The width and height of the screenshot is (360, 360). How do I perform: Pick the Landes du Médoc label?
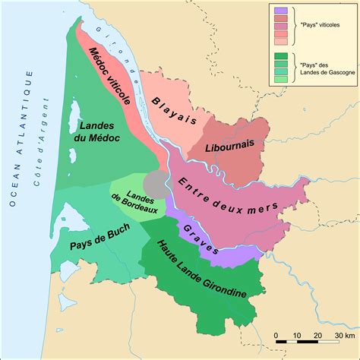(102, 130)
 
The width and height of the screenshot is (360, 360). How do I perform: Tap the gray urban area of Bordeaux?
(156, 183)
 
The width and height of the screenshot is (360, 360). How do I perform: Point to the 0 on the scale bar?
(276, 335)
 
